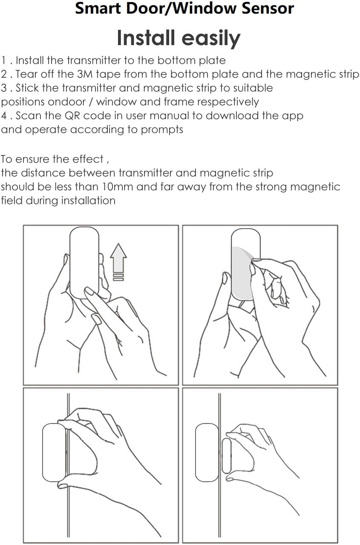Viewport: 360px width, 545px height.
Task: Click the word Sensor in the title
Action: coord(267,9)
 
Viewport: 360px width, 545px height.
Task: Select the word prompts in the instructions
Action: coord(161,130)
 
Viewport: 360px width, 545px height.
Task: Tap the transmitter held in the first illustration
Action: coord(84,262)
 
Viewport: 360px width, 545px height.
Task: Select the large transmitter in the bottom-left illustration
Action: coord(54,452)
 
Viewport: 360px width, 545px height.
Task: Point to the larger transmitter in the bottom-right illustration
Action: coord(207,452)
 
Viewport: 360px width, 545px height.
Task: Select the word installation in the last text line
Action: coord(88,201)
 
